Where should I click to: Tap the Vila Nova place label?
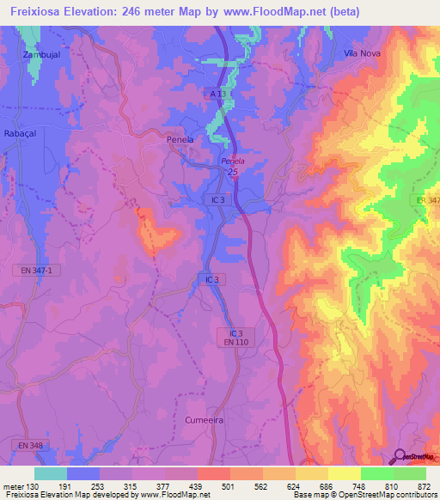point(362,52)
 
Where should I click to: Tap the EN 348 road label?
point(27,445)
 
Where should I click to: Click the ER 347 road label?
point(427,200)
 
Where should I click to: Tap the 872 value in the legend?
point(425,485)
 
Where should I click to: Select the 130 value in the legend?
point(34,485)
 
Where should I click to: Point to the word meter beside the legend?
point(12,485)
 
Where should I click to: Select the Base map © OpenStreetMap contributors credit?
point(364,495)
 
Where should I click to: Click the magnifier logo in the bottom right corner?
point(400,457)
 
